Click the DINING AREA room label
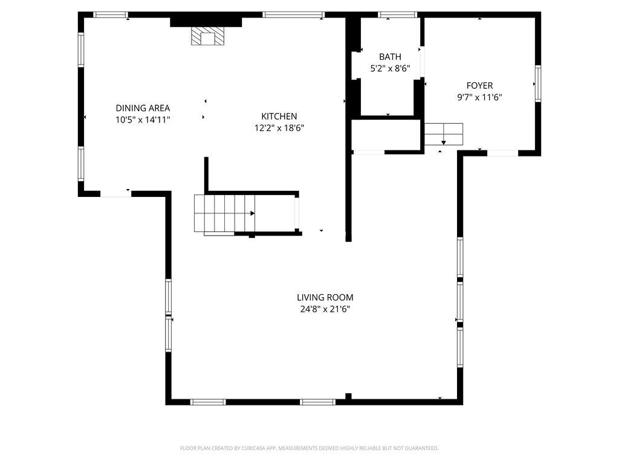143,108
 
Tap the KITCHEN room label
279,116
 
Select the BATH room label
390,57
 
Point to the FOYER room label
479,86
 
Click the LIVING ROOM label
325,297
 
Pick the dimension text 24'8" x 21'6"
325,309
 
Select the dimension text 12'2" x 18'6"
279,127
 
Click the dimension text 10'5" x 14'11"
143,120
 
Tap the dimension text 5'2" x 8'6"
390,69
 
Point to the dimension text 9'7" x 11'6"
479,97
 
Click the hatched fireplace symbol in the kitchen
207,37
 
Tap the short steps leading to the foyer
444,134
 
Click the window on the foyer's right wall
537,83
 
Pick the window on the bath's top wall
398,14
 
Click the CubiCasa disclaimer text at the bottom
309,448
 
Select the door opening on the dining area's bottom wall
116,194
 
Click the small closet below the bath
386,134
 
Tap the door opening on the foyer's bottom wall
502,153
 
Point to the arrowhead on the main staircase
252,213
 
